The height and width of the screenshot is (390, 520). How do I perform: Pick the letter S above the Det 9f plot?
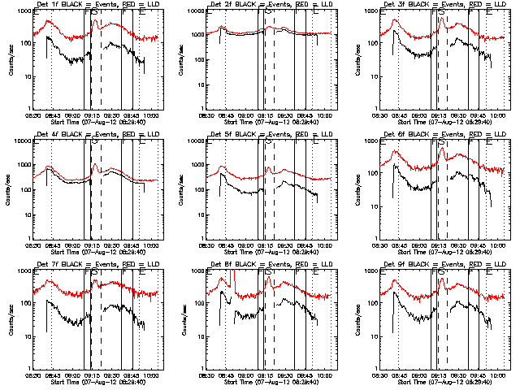coord(444,273)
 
